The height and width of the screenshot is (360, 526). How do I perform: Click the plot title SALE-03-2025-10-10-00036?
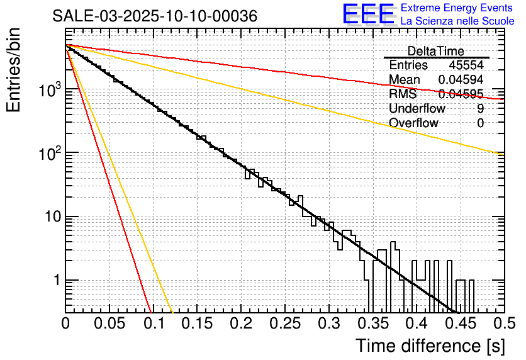[x=155, y=16]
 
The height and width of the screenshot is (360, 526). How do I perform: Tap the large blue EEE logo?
[x=368, y=14]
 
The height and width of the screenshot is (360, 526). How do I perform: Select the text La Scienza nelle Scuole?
[x=457, y=21]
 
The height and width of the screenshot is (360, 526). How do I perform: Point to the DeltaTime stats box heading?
[x=435, y=51]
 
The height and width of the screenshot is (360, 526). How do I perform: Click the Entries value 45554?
[x=466, y=65]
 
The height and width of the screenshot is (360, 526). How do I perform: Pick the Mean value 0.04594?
[x=461, y=80]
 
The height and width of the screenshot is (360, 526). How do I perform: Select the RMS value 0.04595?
[x=461, y=94]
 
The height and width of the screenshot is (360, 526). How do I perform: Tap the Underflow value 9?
[x=481, y=109]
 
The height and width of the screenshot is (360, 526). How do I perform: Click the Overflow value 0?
[x=481, y=123]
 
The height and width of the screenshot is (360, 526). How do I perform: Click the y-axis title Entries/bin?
[x=15, y=71]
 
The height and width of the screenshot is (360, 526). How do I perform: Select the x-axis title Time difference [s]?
[x=430, y=346]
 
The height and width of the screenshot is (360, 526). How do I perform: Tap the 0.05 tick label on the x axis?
[x=109, y=323]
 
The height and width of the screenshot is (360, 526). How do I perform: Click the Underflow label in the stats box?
[x=417, y=109]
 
